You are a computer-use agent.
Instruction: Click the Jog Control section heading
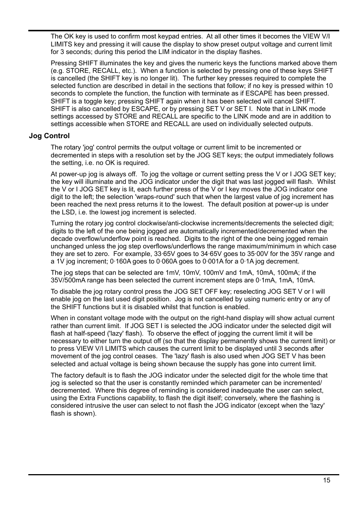point(49,136)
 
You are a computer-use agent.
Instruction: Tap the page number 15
point(326,480)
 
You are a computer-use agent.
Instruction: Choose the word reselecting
point(249,291)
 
